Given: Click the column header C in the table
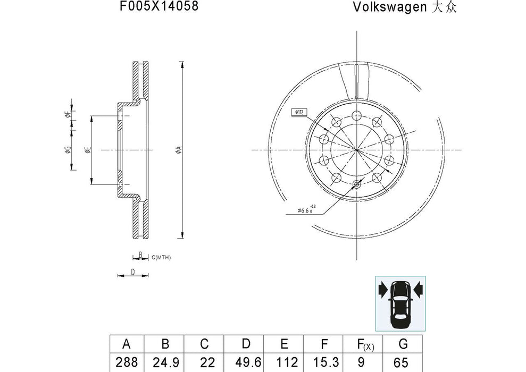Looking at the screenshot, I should (204, 344).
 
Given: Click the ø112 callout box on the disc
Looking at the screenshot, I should (298, 113).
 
